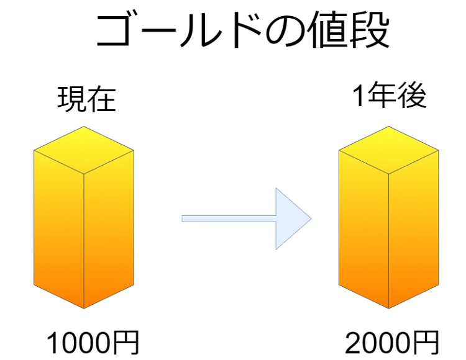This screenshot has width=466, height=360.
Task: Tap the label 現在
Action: [86, 99]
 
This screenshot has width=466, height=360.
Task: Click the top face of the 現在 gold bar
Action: [84, 150]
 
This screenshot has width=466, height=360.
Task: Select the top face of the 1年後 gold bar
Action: [389, 150]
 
